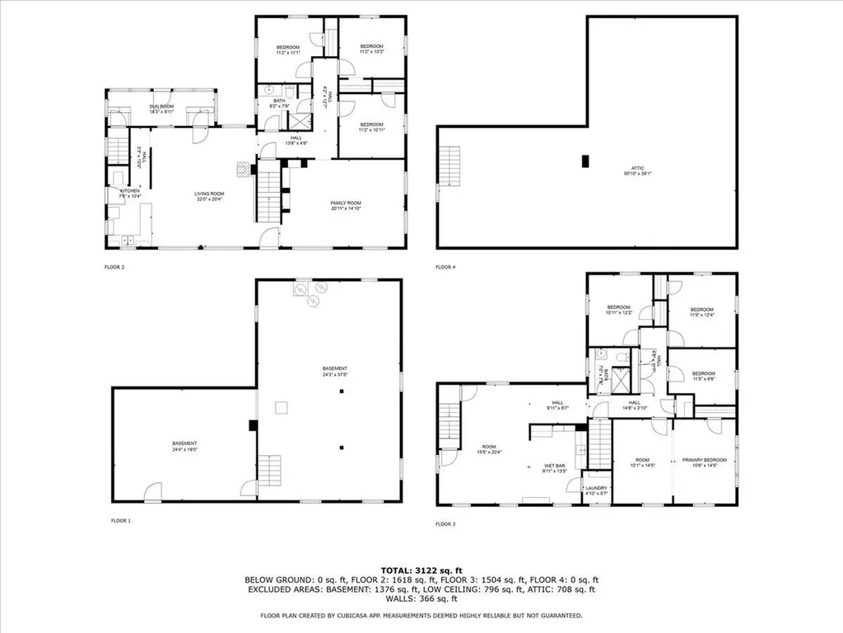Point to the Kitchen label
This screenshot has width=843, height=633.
pyautogui.click(x=131, y=193)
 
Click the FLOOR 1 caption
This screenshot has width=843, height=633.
pyautogui.click(x=122, y=520)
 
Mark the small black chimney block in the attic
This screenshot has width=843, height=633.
pyautogui.click(x=585, y=162)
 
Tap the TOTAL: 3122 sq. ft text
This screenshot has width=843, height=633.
pyautogui.click(x=421, y=570)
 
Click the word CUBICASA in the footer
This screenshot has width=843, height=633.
pyautogui.click(x=356, y=615)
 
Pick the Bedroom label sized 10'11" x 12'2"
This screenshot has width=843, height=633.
pyautogui.click(x=618, y=309)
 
